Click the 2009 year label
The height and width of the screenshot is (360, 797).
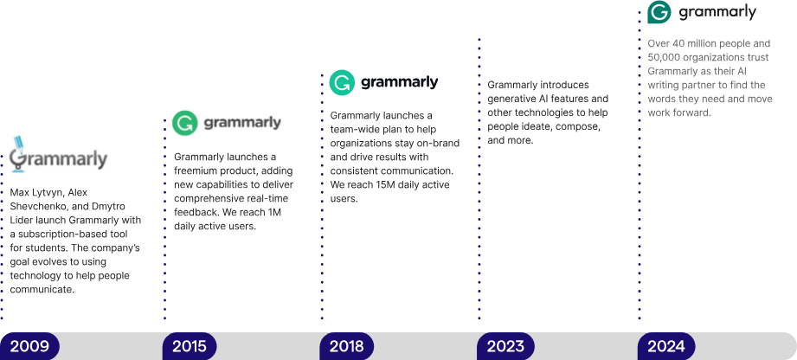29,346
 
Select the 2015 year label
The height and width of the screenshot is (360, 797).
190,346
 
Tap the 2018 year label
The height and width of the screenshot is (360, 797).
347,346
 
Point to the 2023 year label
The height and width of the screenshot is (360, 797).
505,346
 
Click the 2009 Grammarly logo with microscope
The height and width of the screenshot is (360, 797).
59,154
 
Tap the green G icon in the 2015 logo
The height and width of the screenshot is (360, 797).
183,123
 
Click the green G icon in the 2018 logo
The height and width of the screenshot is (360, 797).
342,83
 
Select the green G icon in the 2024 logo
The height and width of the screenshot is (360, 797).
659,13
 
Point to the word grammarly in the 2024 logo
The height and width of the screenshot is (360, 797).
717,13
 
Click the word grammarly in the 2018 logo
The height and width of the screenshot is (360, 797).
399,83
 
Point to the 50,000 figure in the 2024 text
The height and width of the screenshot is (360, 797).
669,57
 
